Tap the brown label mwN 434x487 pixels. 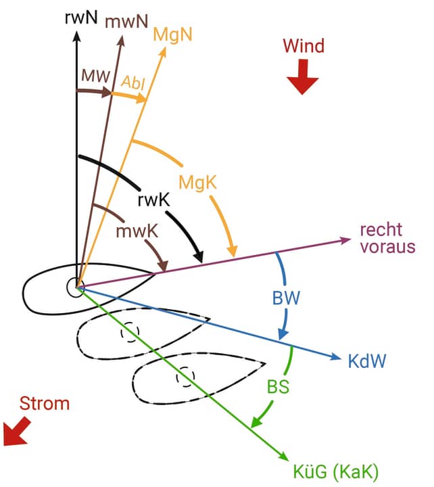pos(126,22)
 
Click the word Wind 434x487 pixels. pos(304,46)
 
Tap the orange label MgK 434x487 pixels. pos(197,181)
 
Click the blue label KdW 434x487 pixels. pos(367,360)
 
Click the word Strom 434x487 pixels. pos(44,404)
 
